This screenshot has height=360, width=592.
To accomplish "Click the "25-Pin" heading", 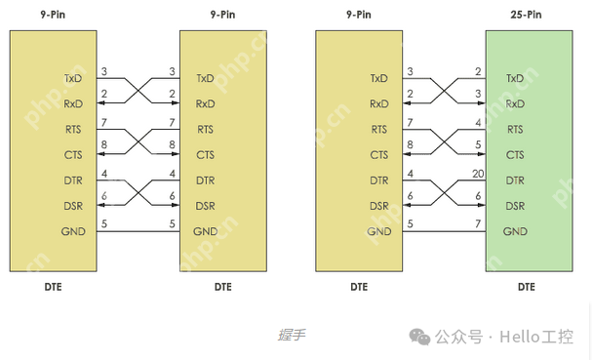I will point(527,16).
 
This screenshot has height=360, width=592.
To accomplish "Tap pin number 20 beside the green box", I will point(478,174).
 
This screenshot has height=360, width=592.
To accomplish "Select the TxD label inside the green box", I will point(514,78).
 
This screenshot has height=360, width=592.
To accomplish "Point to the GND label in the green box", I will point(515,231).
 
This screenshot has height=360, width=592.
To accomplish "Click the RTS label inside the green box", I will point(513,129).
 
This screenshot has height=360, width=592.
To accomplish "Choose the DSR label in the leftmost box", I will point(72,206).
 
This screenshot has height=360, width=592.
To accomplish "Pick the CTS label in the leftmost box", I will point(73,154).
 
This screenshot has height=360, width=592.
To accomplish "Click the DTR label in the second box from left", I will point(205,180).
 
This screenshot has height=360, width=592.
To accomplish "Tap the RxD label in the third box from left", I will point(378,103).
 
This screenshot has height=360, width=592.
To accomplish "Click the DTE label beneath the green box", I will point(527,287).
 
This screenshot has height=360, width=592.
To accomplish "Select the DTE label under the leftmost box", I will point(54,287).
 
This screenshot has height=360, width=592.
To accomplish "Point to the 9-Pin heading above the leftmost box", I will point(54,16).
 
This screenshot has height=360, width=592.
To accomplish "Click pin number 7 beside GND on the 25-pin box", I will point(478,224).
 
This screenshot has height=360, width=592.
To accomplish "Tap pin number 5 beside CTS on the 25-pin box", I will point(478,147).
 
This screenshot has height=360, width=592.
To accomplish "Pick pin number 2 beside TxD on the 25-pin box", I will point(478,71).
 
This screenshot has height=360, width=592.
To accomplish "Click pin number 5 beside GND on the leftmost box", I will point(104,224).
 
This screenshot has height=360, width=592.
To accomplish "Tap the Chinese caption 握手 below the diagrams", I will point(291,335).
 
